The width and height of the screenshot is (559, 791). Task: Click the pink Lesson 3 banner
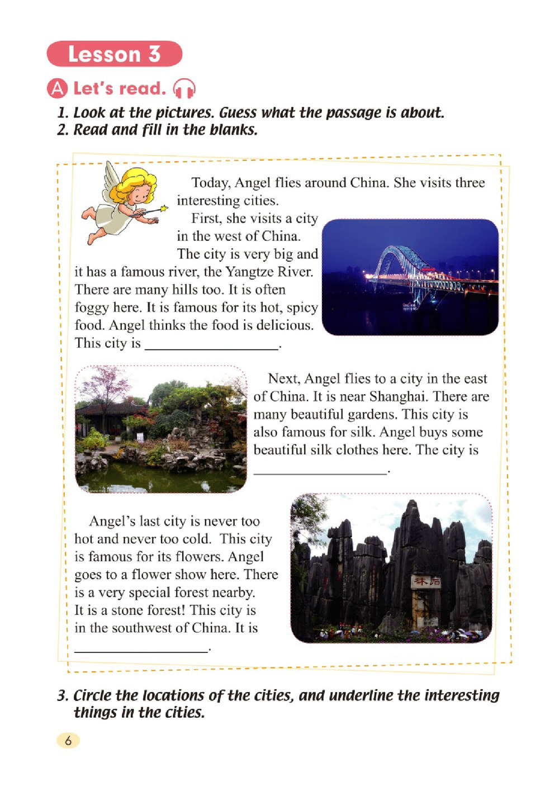tap(115, 54)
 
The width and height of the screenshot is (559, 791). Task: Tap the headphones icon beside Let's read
tap(184, 89)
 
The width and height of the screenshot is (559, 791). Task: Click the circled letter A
tap(58, 89)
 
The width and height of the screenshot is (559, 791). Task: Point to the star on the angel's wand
tap(164, 209)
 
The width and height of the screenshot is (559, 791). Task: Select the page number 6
tap(68, 741)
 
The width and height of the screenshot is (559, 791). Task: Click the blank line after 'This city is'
tap(212, 348)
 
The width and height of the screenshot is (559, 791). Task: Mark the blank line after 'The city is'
tap(320, 472)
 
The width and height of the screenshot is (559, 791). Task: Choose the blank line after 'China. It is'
tap(141, 651)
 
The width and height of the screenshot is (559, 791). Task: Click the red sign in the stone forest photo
tap(426, 581)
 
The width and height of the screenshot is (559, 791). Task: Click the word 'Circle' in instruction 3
tap(93, 696)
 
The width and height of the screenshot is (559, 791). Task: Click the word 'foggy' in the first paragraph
tap(92, 308)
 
